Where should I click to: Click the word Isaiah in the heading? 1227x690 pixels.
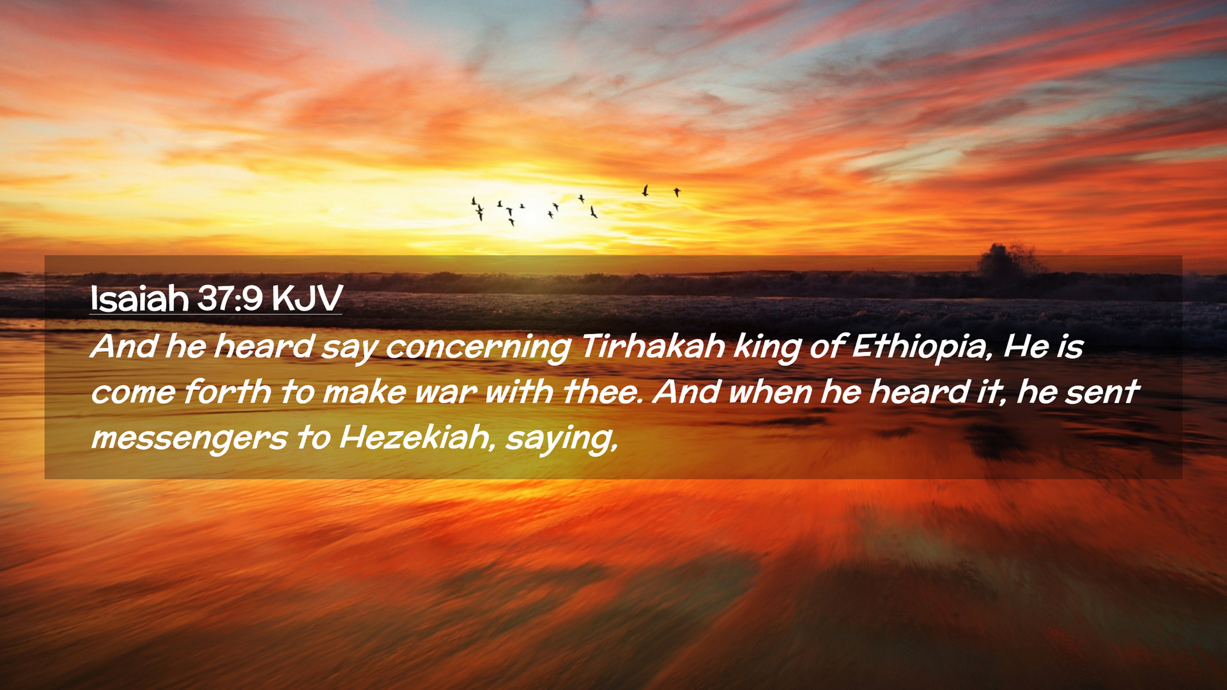click(139, 298)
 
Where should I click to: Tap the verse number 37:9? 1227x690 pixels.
click(230, 298)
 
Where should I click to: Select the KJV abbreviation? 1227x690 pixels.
click(307, 298)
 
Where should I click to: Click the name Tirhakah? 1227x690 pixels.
click(652, 346)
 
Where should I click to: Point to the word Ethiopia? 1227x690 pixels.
click(923, 347)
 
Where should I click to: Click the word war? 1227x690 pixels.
click(445, 392)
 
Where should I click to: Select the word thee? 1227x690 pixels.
click(602, 391)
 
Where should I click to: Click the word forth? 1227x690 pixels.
click(228, 391)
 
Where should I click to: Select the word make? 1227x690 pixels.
click(364, 391)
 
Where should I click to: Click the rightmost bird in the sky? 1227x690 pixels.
click(677, 192)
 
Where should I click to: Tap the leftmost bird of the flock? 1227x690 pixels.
click(474, 202)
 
